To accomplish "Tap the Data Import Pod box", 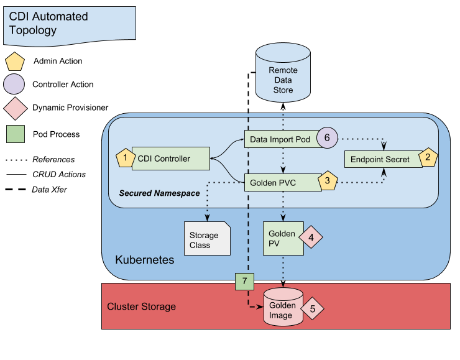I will [x=280, y=139].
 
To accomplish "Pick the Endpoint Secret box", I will [x=380, y=159].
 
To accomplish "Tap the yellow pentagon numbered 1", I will [x=125, y=158].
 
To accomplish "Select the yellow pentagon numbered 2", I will [x=428, y=158].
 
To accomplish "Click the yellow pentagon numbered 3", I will [x=328, y=182].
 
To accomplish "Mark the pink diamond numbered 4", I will [x=312, y=237].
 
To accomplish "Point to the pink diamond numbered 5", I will [x=313, y=308].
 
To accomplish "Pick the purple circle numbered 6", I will [x=327, y=137].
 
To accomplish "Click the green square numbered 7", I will [x=245, y=282].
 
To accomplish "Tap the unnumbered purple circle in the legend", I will [x=15, y=84].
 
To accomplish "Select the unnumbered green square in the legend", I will [x=16, y=133].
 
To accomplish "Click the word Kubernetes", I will [x=145, y=259].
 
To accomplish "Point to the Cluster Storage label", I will [x=142, y=307].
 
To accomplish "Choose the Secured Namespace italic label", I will [x=160, y=193].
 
